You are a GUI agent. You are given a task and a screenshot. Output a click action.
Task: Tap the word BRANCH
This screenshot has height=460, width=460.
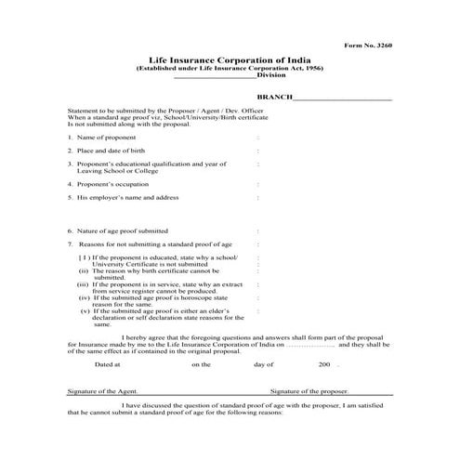click(x=274, y=97)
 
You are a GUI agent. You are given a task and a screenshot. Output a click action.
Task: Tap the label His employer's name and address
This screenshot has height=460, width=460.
click(x=127, y=197)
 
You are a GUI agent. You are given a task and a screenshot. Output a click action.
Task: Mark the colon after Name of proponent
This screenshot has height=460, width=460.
click(x=257, y=137)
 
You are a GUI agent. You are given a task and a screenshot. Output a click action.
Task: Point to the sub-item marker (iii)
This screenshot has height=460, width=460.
click(x=83, y=283)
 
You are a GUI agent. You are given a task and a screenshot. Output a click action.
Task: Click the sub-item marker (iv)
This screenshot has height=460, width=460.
click(x=83, y=296)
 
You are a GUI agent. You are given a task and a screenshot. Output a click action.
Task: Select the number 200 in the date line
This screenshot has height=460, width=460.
click(x=322, y=365)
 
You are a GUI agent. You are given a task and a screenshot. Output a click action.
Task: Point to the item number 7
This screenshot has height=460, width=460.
click(x=70, y=243)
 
